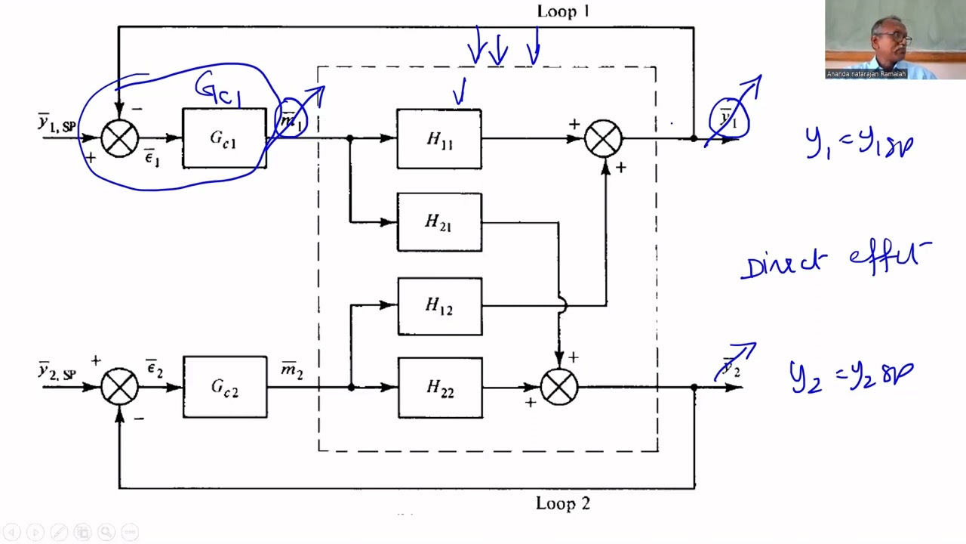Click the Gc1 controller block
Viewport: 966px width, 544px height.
[224, 138]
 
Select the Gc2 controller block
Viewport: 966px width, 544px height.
[225, 387]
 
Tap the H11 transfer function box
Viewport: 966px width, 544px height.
[439, 139]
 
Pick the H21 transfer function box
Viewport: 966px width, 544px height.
[439, 222]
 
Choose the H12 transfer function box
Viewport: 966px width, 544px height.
[439, 306]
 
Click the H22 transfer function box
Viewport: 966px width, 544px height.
[439, 387]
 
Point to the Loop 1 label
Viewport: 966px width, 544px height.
[562, 11]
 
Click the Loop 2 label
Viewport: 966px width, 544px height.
[562, 503]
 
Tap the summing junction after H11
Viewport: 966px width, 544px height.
[604, 139]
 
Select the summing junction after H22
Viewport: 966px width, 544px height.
[559, 387]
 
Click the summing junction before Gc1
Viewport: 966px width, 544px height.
[119, 138]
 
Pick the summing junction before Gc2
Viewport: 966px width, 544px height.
[119, 387]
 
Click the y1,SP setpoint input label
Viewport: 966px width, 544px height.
[57, 123]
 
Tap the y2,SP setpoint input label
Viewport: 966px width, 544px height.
[57, 372]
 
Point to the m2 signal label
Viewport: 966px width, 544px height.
[291, 371]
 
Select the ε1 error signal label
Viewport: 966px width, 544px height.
[152, 159]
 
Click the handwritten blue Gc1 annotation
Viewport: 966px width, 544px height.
[218, 90]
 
